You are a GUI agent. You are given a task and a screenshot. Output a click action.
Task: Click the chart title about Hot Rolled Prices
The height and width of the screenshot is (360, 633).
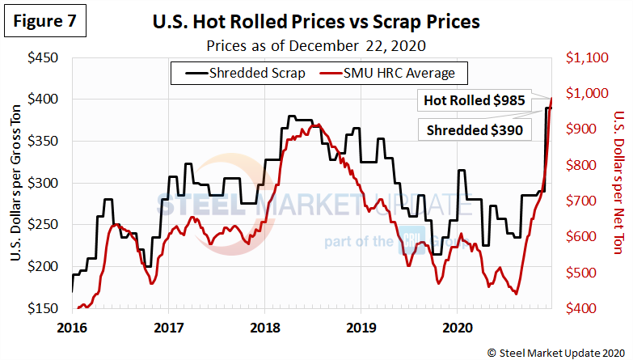pyautogui.click(x=316, y=22)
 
